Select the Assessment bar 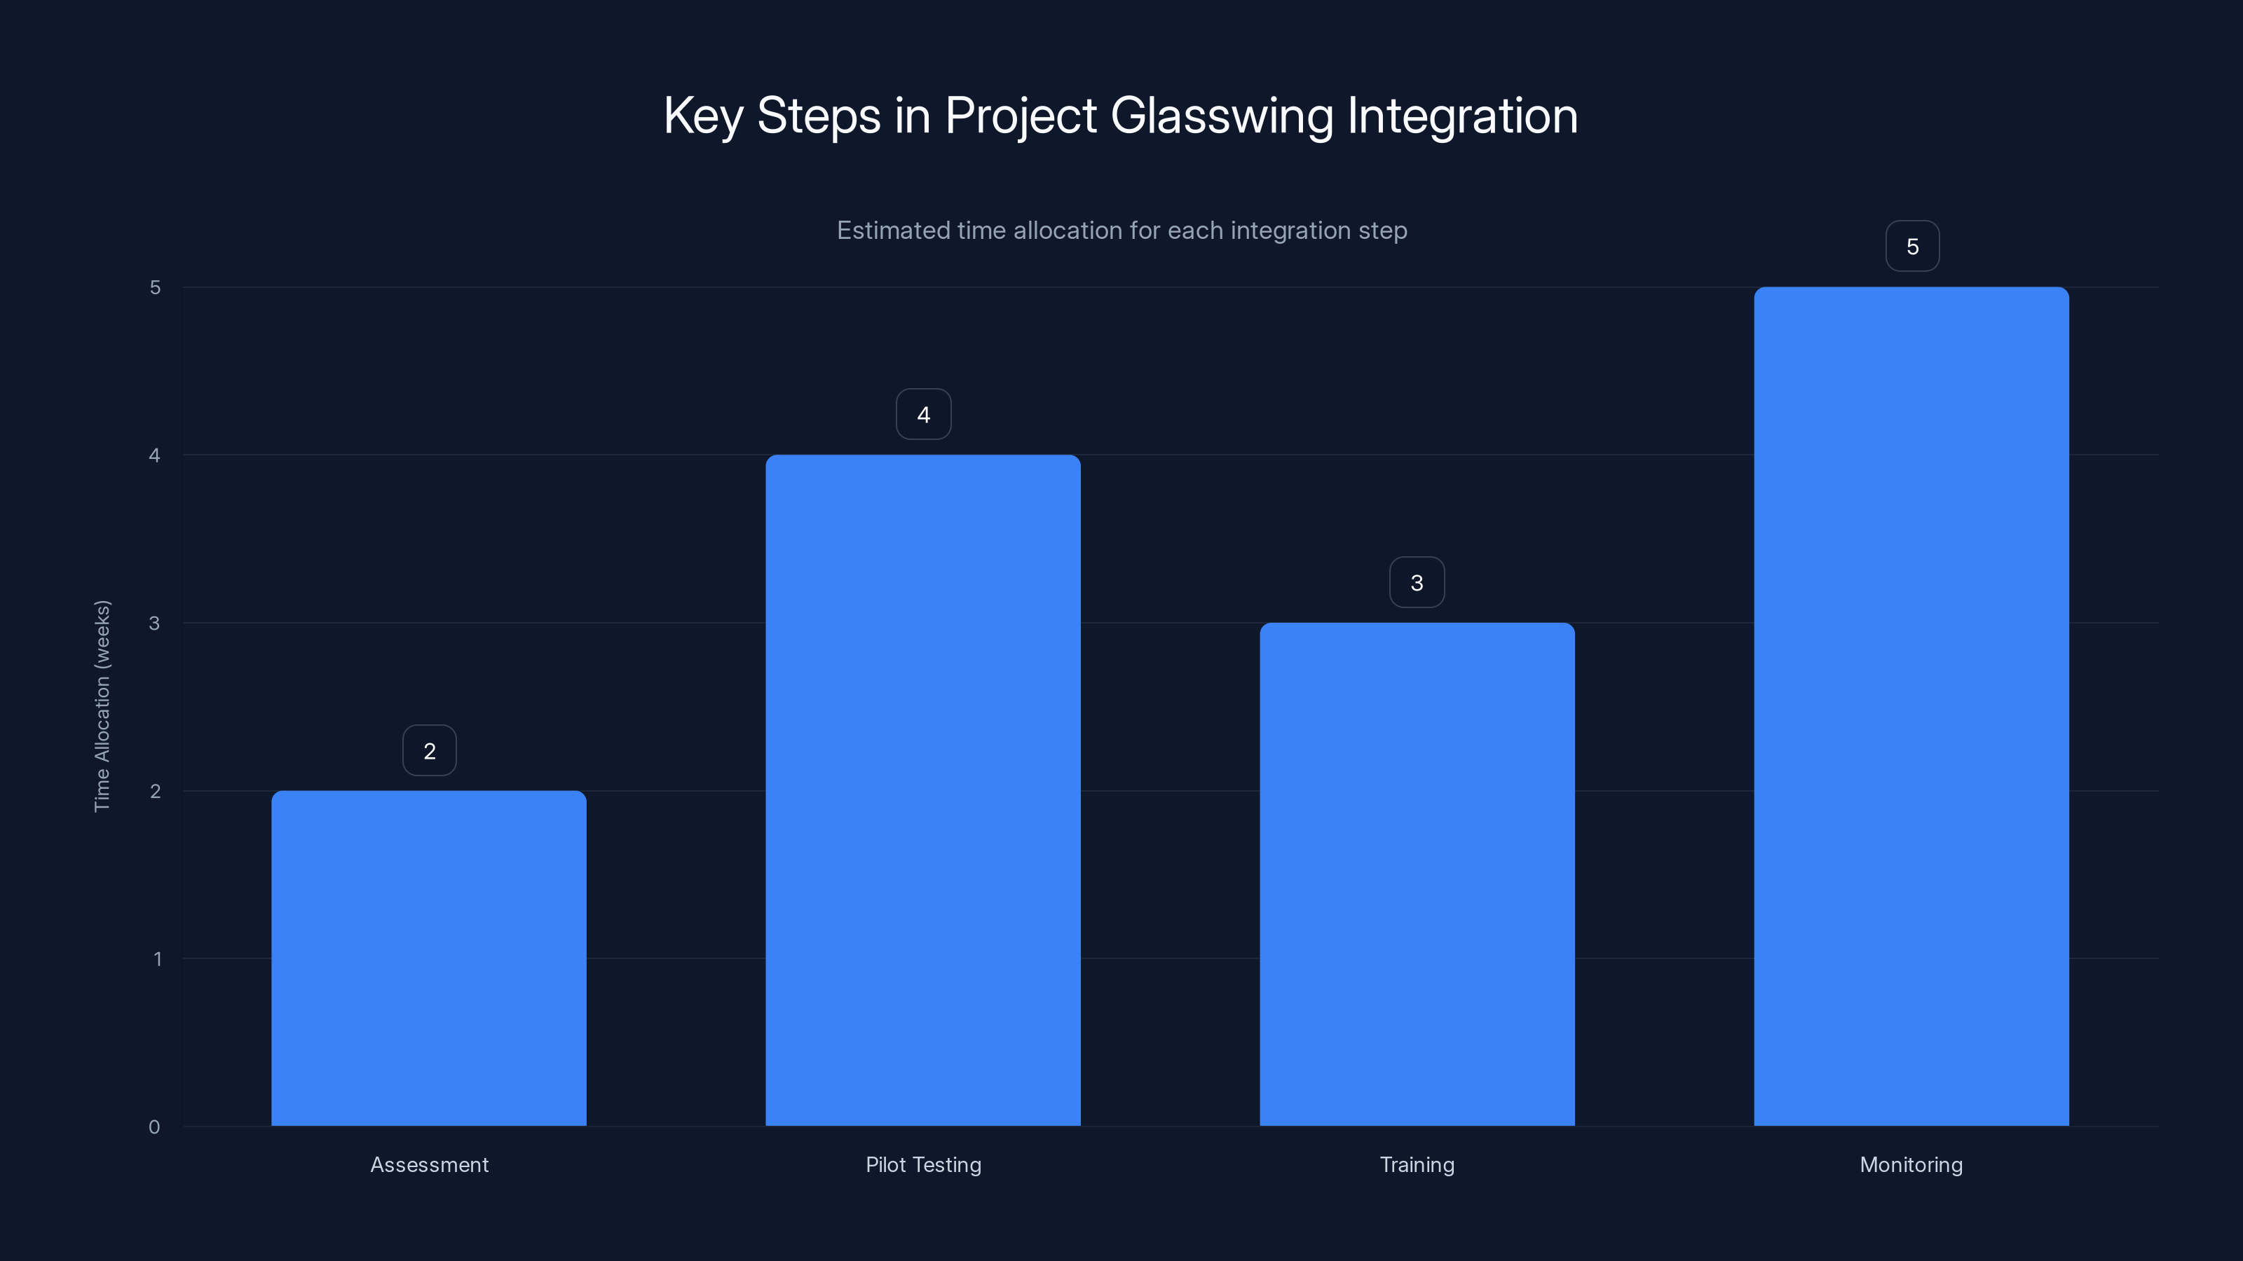point(428,957)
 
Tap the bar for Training point(1417,874)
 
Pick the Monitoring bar point(1911,705)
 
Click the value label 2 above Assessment point(429,751)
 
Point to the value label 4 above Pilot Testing point(924,414)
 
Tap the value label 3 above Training point(1417,582)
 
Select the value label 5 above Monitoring point(1912,247)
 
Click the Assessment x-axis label point(429,1164)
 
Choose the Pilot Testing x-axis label point(923,1164)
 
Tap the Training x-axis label point(1417,1164)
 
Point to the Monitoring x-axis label point(1911,1164)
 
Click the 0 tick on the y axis point(154,1127)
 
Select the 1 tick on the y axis point(157,959)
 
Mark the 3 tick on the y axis point(154,623)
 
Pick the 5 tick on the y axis point(155,287)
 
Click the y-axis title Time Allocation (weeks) point(102,705)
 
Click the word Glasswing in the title point(1222,116)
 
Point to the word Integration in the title point(1462,116)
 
